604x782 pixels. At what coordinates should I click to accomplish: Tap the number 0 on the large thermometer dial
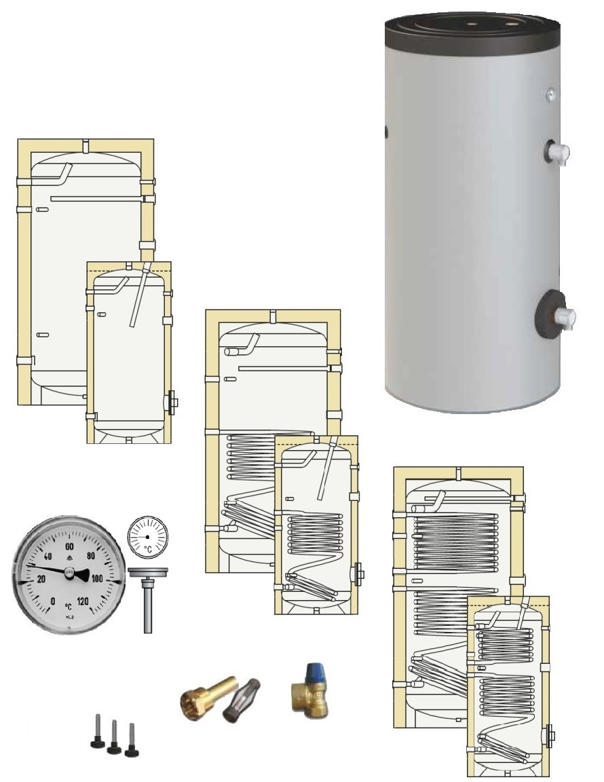[x=53, y=601]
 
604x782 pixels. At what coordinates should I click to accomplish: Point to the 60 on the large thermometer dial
[x=69, y=546]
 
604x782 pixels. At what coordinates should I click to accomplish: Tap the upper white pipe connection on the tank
[x=559, y=153]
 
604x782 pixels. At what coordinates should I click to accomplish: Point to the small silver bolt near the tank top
[x=551, y=95]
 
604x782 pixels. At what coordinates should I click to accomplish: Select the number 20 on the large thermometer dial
[x=41, y=578]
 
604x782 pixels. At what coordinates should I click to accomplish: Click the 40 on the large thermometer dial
[x=48, y=555]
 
